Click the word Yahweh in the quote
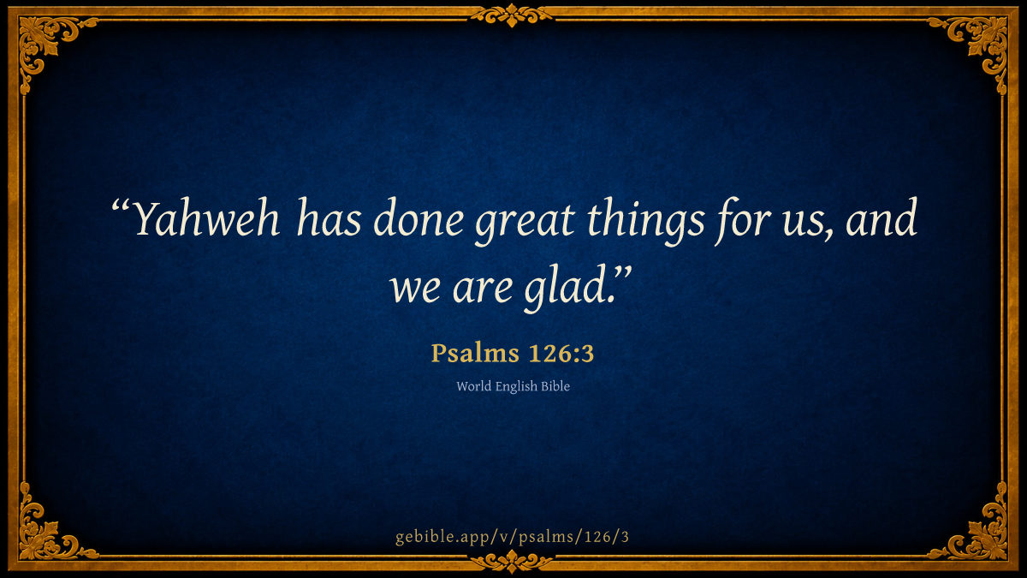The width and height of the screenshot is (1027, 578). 207,219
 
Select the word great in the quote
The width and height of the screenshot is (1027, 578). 525,223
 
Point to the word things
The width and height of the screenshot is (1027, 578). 645,221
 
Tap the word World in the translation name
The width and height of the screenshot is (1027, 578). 474,386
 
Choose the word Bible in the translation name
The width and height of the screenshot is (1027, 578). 555,386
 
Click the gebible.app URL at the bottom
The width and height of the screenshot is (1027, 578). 512,537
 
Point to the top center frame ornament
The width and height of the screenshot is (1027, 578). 512,15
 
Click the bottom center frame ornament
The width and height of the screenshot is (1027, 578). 512,562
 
